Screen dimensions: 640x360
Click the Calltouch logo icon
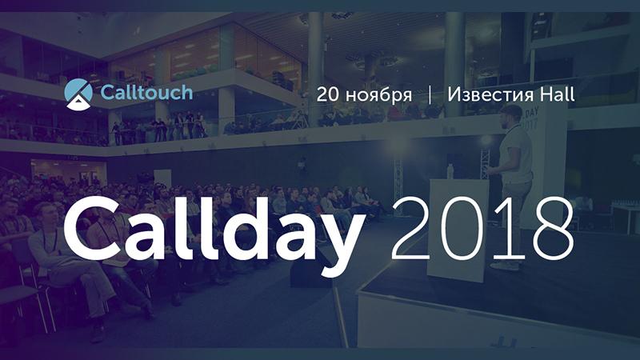(x=78, y=94)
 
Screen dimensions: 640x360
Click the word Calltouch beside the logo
(x=146, y=92)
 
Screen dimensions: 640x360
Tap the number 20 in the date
(x=328, y=94)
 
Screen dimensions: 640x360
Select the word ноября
(x=379, y=95)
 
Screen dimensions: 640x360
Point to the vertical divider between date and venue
(x=430, y=94)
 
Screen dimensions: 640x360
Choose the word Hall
(x=558, y=94)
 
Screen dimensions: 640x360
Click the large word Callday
(x=214, y=232)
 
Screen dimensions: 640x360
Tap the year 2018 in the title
(x=482, y=228)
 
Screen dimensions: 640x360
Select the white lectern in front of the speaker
(x=458, y=230)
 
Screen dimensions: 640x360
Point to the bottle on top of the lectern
(x=450, y=171)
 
